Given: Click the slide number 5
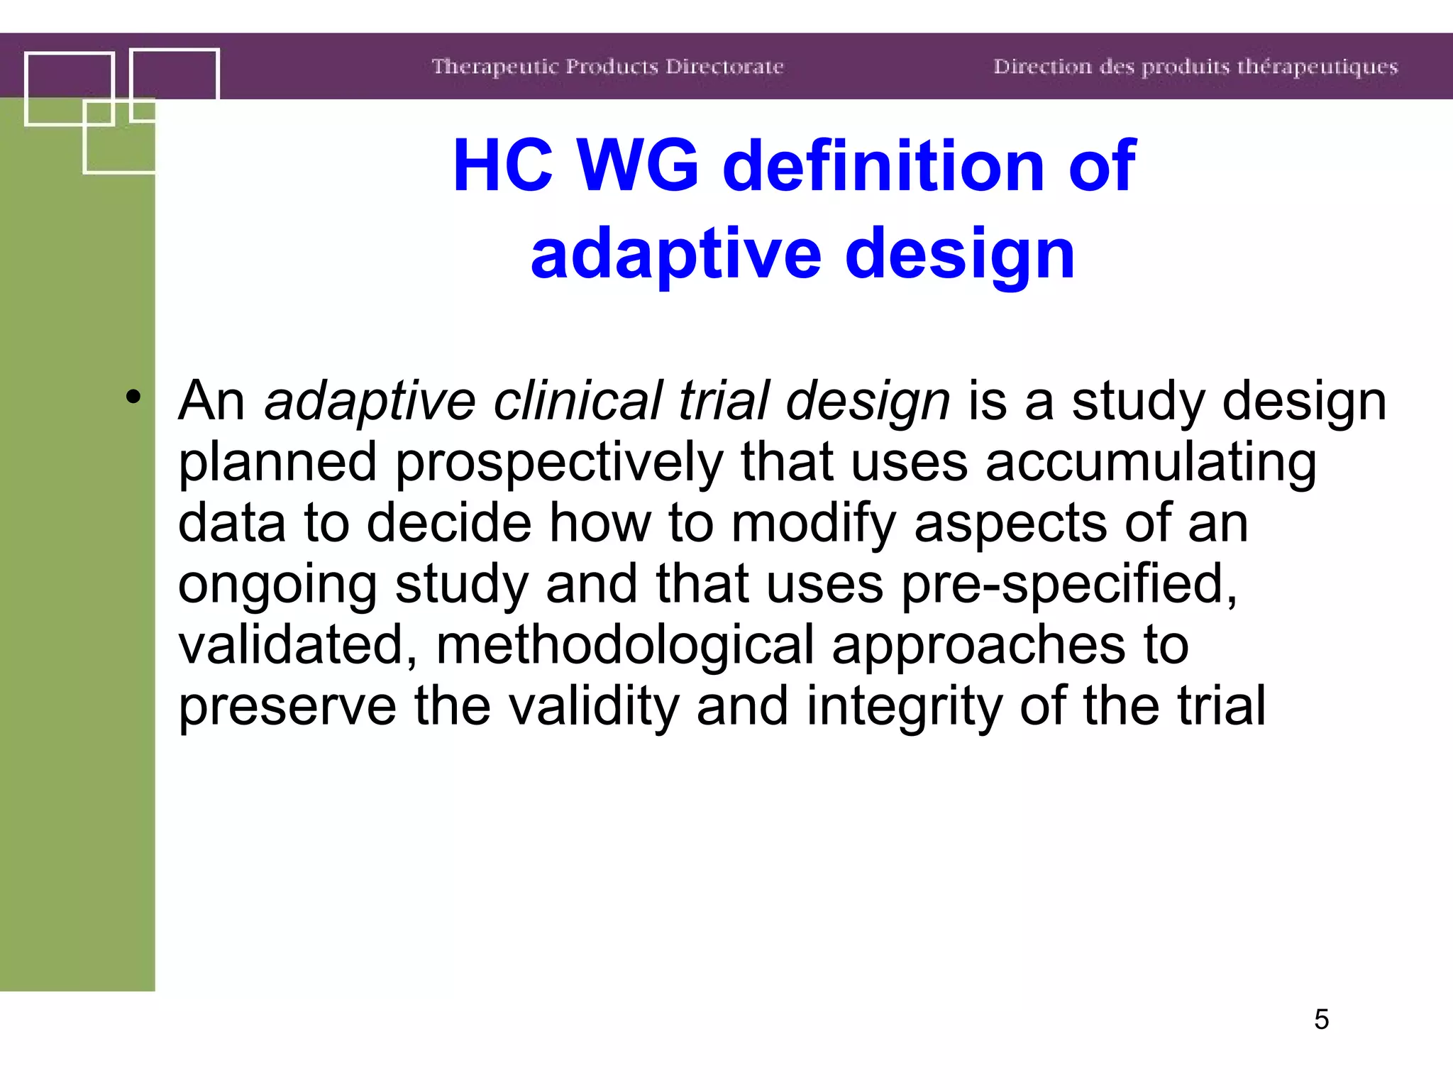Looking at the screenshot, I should pyautogui.click(x=1321, y=1020).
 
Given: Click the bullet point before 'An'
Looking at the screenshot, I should pyautogui.click(x=133, y=397).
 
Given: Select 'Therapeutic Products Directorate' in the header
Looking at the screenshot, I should pyautogui.click(x=607, y=67).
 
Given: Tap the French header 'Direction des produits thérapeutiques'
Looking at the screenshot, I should pyautogui.click(x=1195, y=67).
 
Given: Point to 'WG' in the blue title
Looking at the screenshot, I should pyautogui.click(x=639, y=166).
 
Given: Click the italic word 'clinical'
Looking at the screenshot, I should pyautogui.click(x=577, y=401).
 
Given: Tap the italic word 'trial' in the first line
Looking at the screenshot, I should pyautogui.click(x=723, y=401).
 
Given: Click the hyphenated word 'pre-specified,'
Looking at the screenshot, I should pyautogui.click(x=1069, y=585).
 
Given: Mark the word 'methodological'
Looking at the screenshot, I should pyautogui.click(x=625, y=646).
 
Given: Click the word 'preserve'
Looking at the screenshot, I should pyautogui.click(x=287, y=707).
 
